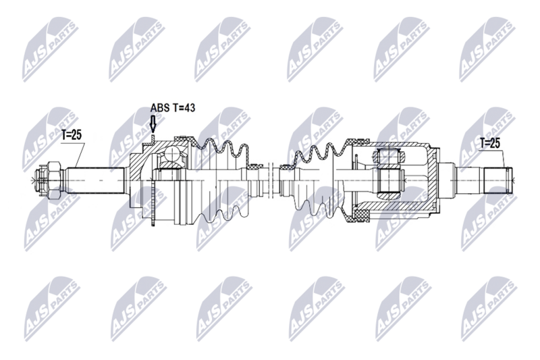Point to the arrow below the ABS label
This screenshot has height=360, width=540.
[x=153, y=124]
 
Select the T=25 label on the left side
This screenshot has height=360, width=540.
[x=71, y=134]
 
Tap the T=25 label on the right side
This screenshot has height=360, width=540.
[x=491, y=143]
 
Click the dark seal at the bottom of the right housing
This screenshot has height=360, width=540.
[x=356, y=217]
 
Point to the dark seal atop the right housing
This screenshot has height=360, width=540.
[x=356, y=141]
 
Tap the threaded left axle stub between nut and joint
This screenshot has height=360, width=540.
[x=94, y=179]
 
